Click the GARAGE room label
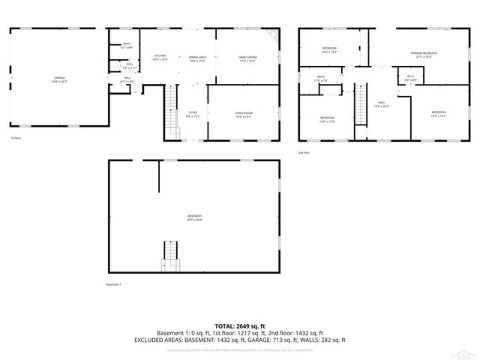tap(59, 79)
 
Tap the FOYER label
tap(193, 114)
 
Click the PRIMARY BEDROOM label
tap(424, 54)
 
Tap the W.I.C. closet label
tap(410, 76)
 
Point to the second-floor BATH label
tap(321, 78)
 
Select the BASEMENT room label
tap(194, 217)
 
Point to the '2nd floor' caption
tap(304, 152)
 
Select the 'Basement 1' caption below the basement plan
tap(114, 284)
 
